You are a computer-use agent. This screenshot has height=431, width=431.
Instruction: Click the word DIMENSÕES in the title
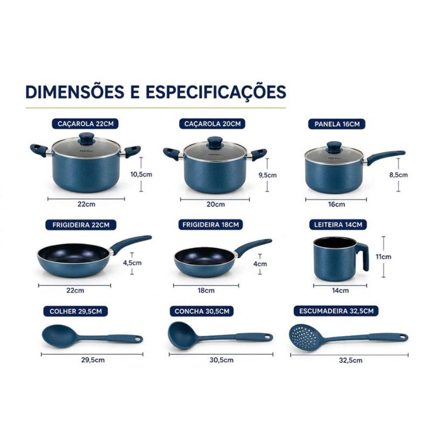pyautogui.click(x=75, y=91)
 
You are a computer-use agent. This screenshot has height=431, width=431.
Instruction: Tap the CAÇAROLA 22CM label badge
pyautogui.click(x=85, y=124)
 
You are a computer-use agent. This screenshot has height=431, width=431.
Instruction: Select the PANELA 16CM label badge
pyautogui.click(x=337, y=124)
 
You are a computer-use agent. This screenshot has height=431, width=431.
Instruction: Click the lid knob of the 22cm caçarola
pyautogui.click(x=87, y=138)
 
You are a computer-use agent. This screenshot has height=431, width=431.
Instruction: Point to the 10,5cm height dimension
pyautogui.click(x=141, y=174)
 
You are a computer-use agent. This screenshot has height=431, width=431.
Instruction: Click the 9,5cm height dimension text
pyautogui.click(x=268, y=175)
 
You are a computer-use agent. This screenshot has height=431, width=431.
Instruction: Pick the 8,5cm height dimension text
pyautogui.click(x=398, y=175)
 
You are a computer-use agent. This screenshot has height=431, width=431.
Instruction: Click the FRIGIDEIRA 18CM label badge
pyautogui.click(x=210, y=225)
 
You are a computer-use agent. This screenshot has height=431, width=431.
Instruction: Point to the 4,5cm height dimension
pyautogui.click(x=132, y=263)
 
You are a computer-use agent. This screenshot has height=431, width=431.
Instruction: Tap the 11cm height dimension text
pyautogui.click(x=384, y=257)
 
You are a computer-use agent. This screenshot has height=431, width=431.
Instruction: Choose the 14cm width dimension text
pyautogui.click(x=340, y=290)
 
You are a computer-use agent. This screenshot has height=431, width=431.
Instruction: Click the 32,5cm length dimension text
pyautogui.click(x=350, y=360)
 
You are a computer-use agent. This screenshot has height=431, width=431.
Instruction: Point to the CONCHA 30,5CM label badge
pyautogui.click(x=202, y=311)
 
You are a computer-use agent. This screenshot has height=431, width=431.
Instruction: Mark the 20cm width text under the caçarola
pyautogui.click(x=215, y=204)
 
